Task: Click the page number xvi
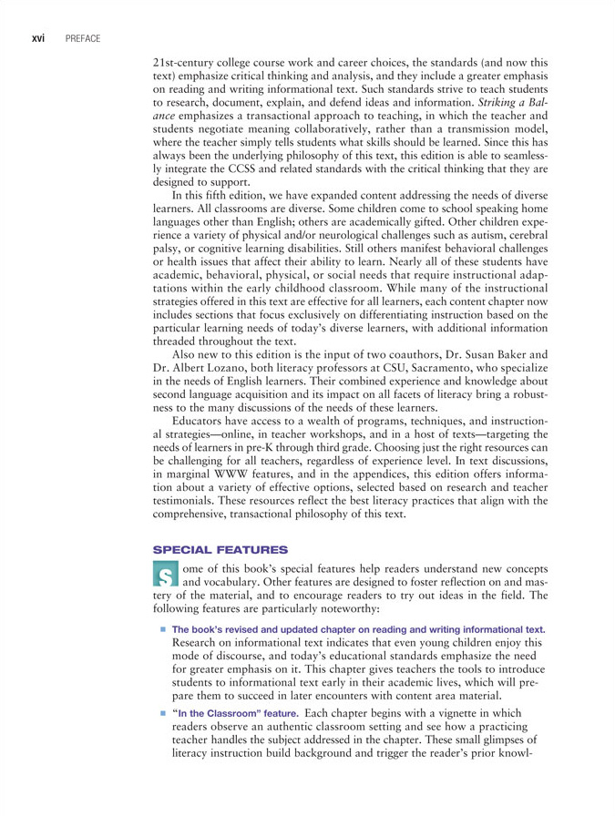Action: pyautogui.click(x=38, y=38)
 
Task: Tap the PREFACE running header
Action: pyautogui.click(x=82, y=38)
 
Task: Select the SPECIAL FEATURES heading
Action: pyautogui.click(x=220, y=550)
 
